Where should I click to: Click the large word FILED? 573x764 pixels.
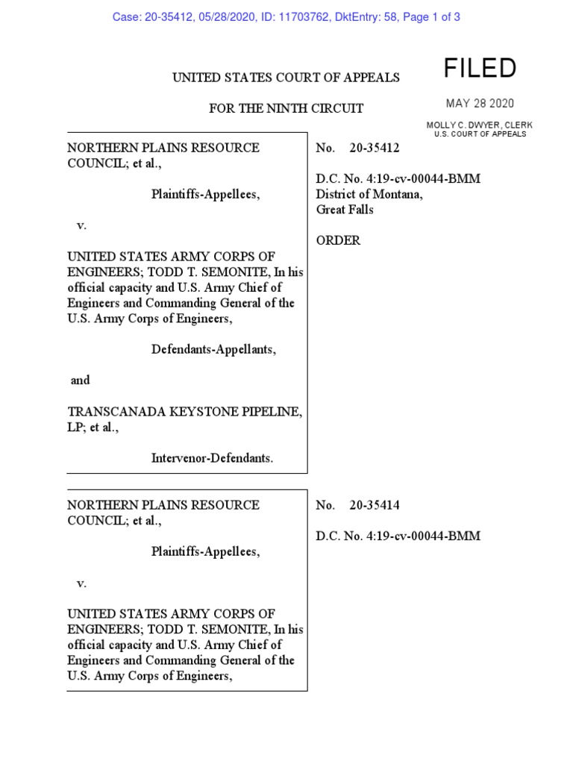click(480, 69)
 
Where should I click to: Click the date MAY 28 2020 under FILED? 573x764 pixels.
click(480, 104)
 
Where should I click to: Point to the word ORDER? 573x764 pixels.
click(339, 240)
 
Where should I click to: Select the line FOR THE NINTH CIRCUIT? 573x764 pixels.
click(286, 109)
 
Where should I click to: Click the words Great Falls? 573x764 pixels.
click(345, 210)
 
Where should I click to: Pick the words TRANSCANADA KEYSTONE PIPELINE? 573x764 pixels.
click(185, 412)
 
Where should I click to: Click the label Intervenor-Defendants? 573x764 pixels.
click(213, 458)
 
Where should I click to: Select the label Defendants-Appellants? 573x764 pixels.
click(213, 349)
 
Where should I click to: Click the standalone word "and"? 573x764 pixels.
click(80, 381)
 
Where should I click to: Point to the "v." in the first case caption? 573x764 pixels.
click(82, 225)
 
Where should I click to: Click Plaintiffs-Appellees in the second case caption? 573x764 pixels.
click(206, 552)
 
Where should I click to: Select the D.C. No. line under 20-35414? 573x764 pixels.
click(398, 536)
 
